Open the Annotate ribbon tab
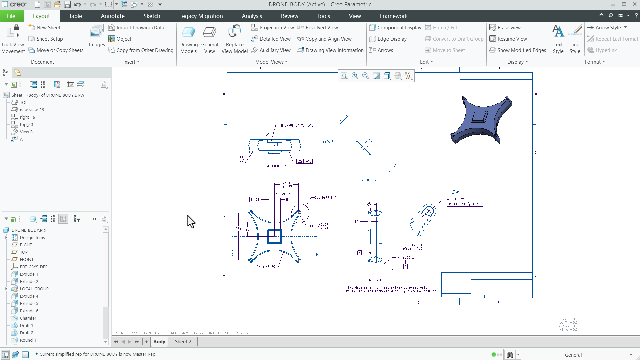point(113,16)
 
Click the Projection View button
point(273,28)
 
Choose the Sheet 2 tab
point(183,342)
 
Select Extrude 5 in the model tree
point(29,304)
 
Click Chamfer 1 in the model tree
point(30,318)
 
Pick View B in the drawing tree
point(26,132)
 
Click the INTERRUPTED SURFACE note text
point(296,126)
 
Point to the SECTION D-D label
point(276,166)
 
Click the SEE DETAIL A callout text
point(325,198)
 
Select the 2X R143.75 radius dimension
point(266,267)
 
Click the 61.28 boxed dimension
point(255,200)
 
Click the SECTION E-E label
point(375,280)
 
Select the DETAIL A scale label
point(413,247)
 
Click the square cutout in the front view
point(275,236)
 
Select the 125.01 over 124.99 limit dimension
point(286,185)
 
